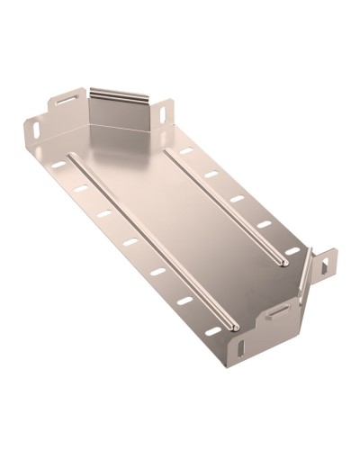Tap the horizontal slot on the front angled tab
point(280,311)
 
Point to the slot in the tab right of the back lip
point(165,115)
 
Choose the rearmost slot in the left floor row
point(58,166)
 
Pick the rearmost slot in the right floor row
point(186,150)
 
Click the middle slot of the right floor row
point(237,198)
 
